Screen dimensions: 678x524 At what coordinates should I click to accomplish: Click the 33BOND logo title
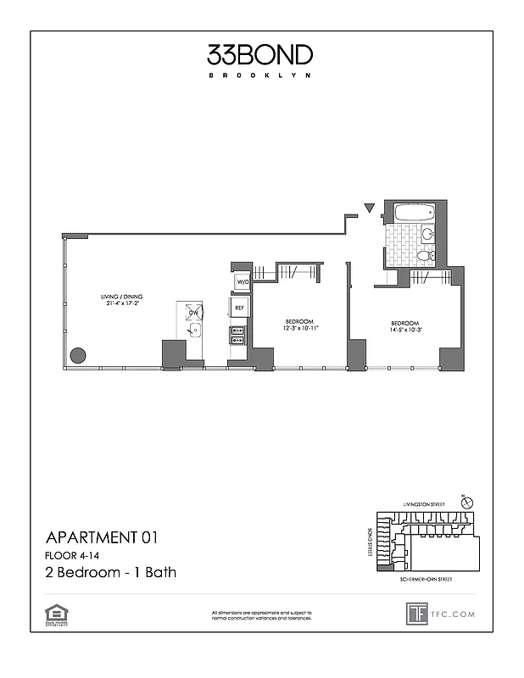(x=260, y=55)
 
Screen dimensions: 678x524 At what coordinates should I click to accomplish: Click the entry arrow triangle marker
(x=367, y=208)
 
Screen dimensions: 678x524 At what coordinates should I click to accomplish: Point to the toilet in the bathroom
(x=426, y=254)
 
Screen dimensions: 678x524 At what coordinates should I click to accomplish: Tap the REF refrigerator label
(x=239, y=307)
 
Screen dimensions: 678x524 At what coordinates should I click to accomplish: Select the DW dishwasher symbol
(x=194, y=311)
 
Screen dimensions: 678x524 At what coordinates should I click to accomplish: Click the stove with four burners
(x=237, y=336)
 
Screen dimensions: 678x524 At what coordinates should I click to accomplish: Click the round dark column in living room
(x=78, y=355)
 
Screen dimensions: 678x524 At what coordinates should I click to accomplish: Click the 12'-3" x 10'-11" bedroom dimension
(x=300, y=328)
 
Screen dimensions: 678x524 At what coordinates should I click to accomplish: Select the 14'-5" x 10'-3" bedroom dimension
(x=405, y=330)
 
